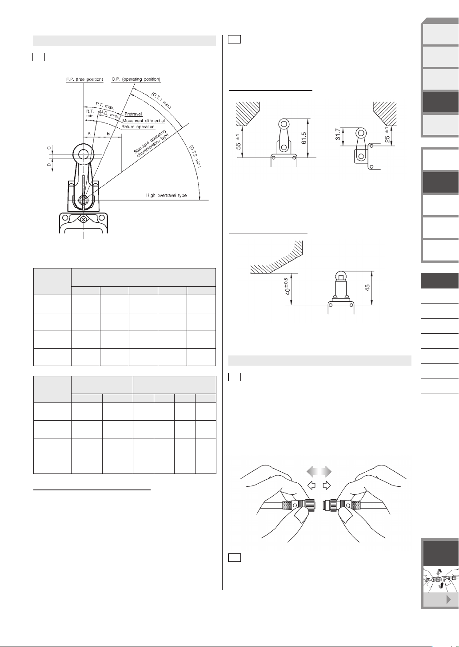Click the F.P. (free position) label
(84, 79)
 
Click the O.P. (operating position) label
(136, 79)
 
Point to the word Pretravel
(133, 114)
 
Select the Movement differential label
(144, 121)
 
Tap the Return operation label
(138, 126)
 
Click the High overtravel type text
(166, 195)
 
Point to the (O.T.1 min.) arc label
(161, 100)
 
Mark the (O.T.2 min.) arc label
(195, 156)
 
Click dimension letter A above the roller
(89, 134)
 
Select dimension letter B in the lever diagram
(108, 134)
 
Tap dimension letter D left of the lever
(49, 165)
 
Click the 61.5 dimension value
(303, 138)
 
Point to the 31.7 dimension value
(338, 134)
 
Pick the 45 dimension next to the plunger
(367, 288)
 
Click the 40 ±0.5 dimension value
(287, 287)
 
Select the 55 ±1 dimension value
(238, 142)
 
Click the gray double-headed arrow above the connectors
(319, 471)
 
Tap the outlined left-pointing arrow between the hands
(311, 485)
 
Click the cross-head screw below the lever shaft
(83, 220)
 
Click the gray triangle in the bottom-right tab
(449, 600)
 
